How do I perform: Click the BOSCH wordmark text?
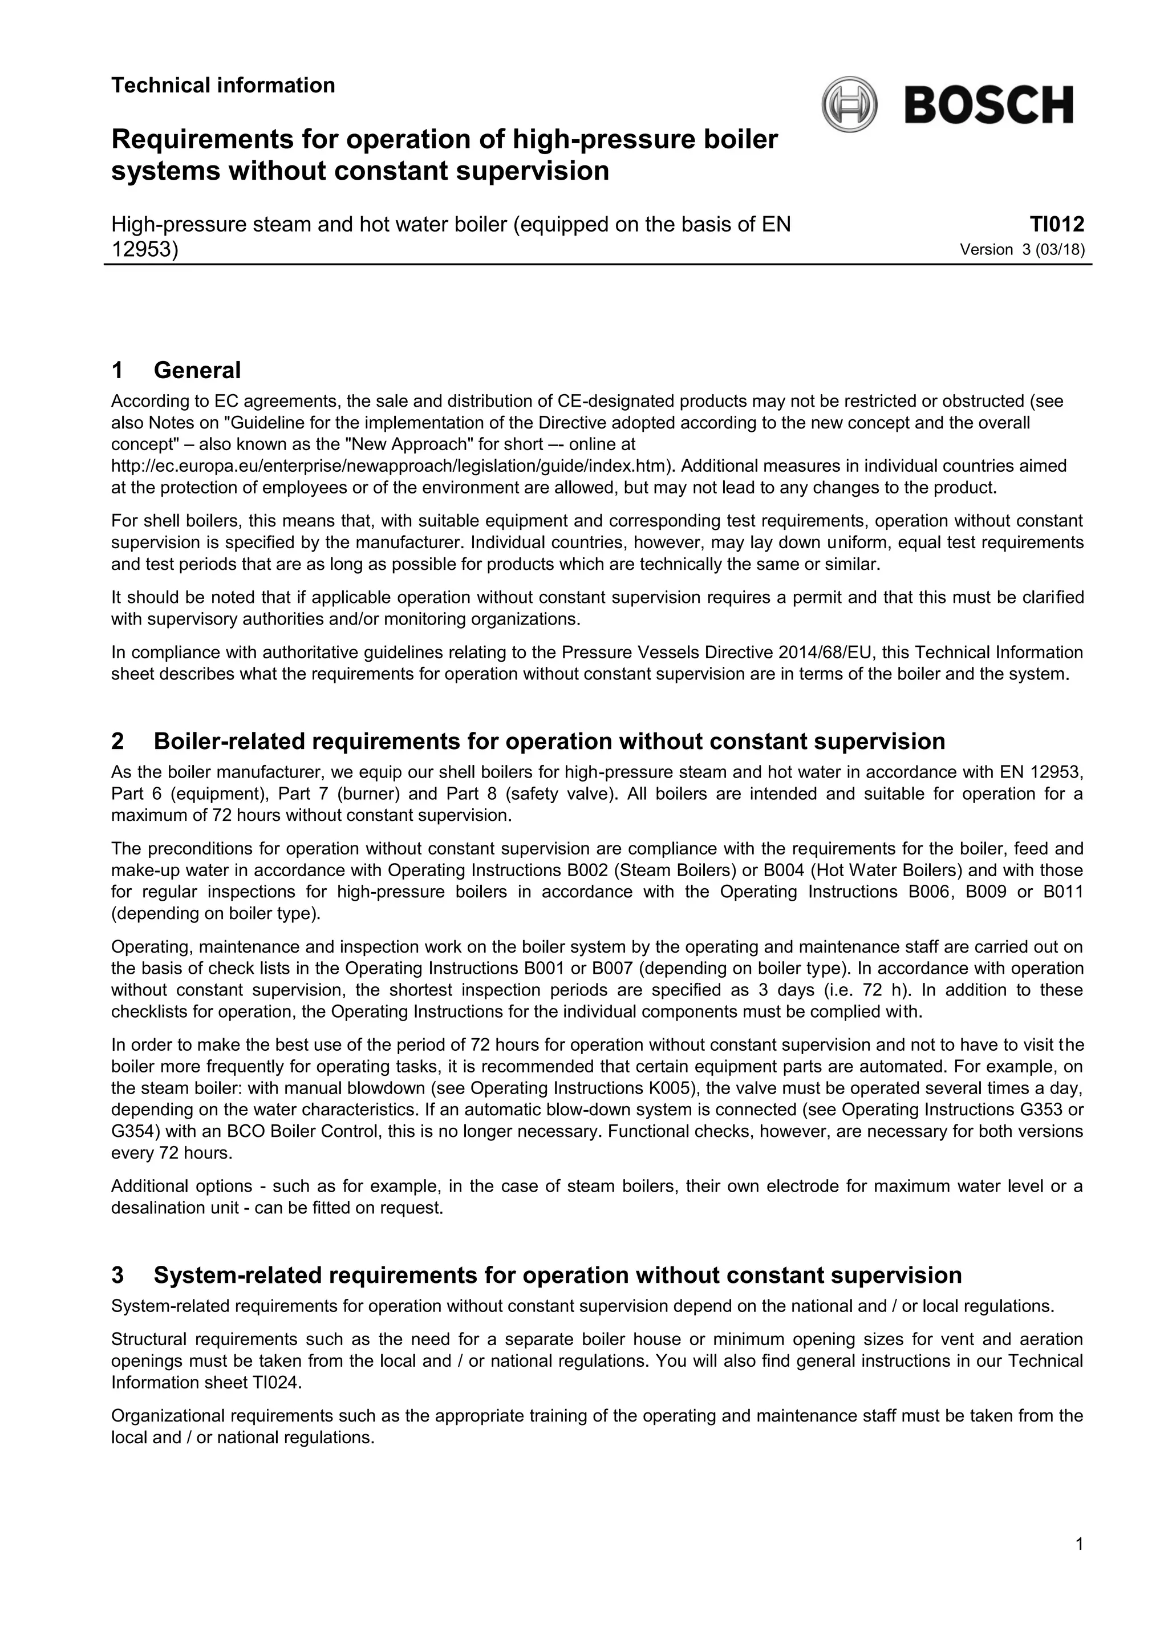coord(989,106)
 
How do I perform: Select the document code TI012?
coord(1057,225)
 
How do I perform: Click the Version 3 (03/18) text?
coord(1022,250)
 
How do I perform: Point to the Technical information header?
coord(223,86)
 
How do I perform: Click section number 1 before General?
coord(117,371)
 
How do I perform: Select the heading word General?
coord(197,371)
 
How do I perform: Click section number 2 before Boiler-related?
coord(117,741)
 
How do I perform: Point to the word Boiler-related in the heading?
coord(228,741)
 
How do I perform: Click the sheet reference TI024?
coord(275,1383)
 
